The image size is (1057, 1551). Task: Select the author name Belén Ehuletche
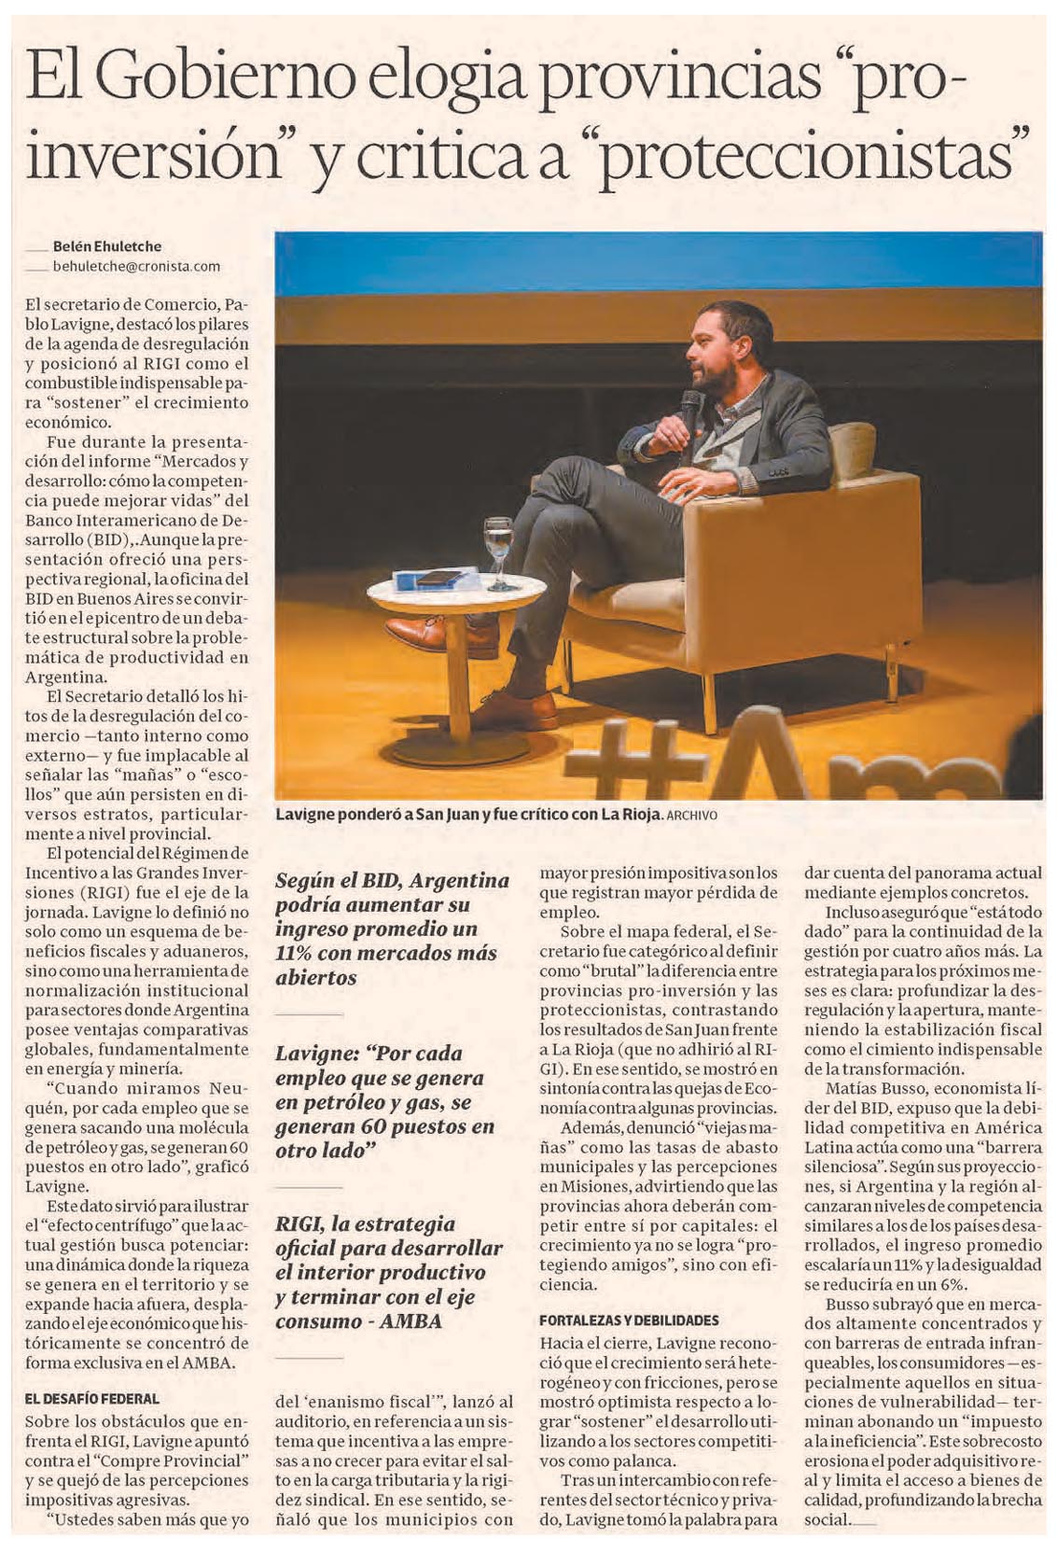[x=106, y=246]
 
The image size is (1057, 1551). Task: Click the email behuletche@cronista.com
[x=136, y=266]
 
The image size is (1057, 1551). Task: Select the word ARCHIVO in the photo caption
[x=691, y=815]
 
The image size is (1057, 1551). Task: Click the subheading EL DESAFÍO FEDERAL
[x=93, y=1399]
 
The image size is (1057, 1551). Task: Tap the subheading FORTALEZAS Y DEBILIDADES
[x=629, y=1320]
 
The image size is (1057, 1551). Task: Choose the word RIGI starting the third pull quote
[x=300, y=1223]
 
